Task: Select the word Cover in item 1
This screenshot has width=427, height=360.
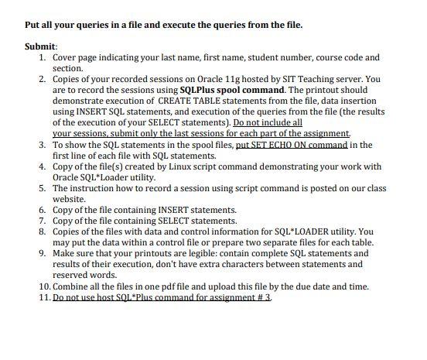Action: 66,57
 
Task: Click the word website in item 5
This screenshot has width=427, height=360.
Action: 70,199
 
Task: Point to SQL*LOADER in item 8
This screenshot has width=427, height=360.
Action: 292,231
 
